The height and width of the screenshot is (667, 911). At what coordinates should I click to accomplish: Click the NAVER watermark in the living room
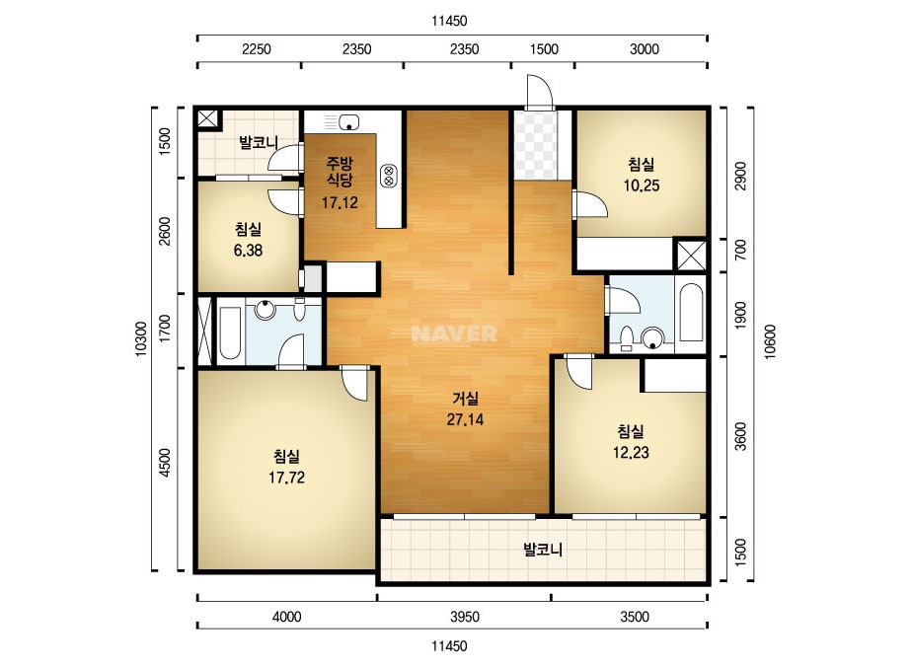point(454,333)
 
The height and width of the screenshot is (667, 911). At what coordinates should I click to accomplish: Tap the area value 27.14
point(465,419)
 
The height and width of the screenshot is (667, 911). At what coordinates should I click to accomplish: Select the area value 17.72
point(286,478)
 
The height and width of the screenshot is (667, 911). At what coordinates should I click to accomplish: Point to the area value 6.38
point(248,251)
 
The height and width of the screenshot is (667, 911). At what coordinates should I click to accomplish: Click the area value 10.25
point(642,185)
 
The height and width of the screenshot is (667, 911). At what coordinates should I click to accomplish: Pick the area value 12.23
point(631,452)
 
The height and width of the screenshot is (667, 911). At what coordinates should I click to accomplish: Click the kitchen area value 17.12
point(340,203)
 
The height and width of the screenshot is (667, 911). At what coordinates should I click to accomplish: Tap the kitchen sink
point(348,122)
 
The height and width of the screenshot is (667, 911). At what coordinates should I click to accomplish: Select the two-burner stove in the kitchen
point(388,176)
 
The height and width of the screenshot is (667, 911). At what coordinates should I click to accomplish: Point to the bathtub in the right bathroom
point(691,313)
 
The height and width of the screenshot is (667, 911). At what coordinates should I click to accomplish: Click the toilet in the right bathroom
point(627,338)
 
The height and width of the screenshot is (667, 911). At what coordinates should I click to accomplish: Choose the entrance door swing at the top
point(539,91)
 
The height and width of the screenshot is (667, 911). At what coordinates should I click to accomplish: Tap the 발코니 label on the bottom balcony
point(543,550)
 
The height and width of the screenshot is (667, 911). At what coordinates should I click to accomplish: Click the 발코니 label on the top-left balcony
point(259,142)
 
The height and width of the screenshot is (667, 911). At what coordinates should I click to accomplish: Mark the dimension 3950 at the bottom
point(465,617)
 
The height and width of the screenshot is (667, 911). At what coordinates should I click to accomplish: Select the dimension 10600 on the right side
point(770,341)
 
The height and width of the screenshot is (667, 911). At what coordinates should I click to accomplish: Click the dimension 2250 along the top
point(257,49)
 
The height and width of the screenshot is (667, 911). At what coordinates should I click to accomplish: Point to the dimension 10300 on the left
point(141,338)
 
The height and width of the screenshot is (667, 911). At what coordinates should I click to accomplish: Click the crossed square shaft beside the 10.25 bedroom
point(691,255)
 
